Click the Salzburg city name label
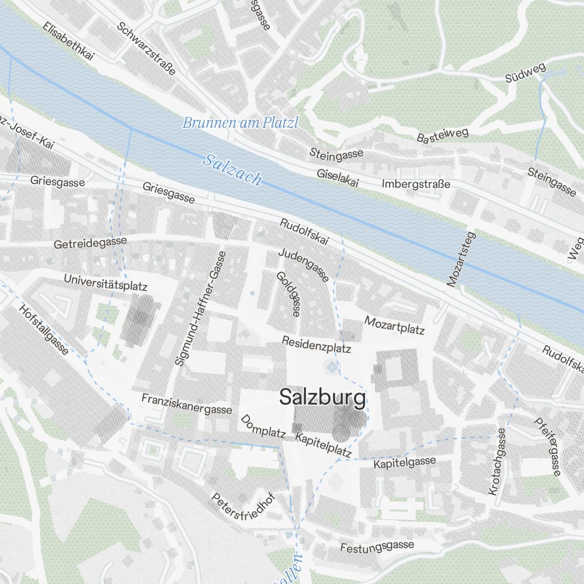[x=322, y=398]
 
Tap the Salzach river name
[x=232, y=169]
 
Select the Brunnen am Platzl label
[x=240, y=123]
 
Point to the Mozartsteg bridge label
[x=461, y=260]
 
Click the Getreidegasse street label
[x=90, y=243]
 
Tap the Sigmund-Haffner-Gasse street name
[x=200, y=308]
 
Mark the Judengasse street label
[x=304, y=265]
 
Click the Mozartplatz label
[x=394, y=325]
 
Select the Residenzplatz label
[x=316, y=344]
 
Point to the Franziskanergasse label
[x=187, y=403]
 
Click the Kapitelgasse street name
[x=405, y=463]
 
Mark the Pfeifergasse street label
[x=548, y=446]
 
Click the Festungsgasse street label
[x=377, y=547]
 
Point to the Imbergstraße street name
[x=416, y=184]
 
